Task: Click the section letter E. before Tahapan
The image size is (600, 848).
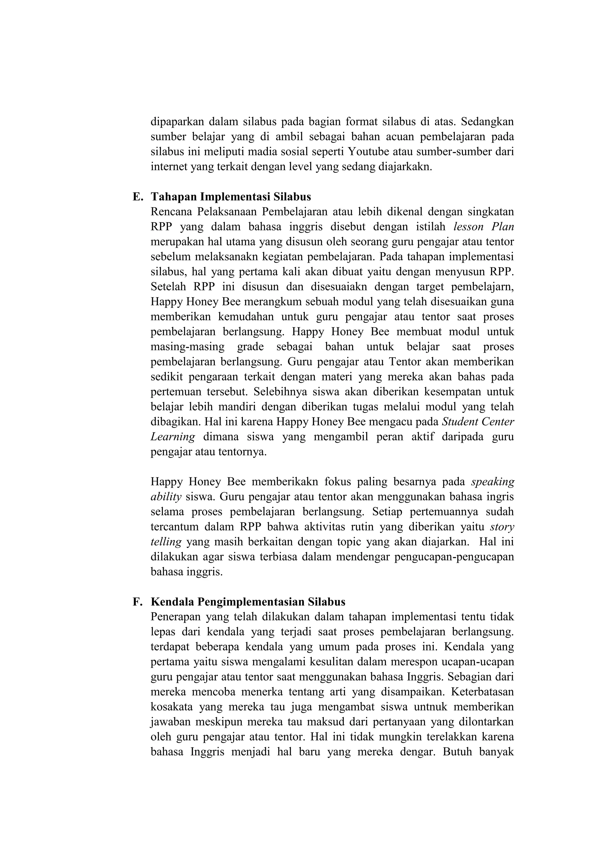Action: coord(137,196)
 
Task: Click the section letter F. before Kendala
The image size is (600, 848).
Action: coord(137,602)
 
